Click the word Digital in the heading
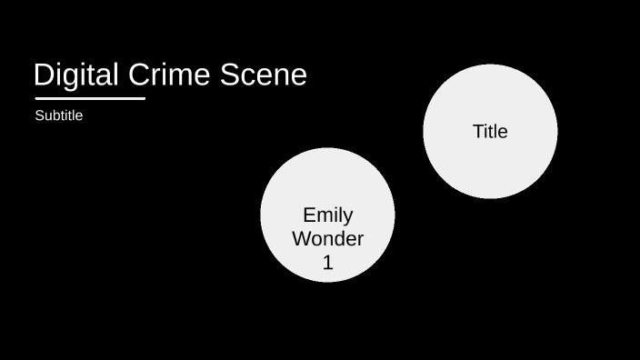75,75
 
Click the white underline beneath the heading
90,98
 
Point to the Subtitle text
59,115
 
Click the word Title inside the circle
490,131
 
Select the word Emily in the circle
327,215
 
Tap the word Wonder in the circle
327,239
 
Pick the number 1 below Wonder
328,263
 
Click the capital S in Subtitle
39,115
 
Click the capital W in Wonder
301,239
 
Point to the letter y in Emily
347,218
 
